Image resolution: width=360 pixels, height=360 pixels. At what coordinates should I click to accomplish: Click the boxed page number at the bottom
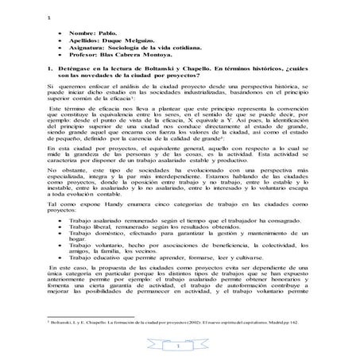click(180, 347)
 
